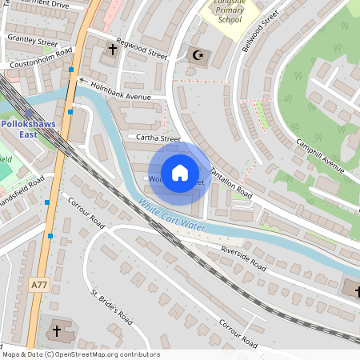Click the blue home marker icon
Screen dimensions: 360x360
(180, 173)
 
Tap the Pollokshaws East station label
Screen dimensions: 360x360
(30, 130)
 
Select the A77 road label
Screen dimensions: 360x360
(39, 284)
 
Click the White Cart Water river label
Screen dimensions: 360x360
(171, 217)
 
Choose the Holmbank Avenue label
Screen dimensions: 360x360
(121, 90)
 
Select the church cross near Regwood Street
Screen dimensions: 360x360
(112, 50)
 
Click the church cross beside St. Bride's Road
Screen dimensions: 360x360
(57, 329)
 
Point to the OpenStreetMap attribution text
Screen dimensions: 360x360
(81, 354)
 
